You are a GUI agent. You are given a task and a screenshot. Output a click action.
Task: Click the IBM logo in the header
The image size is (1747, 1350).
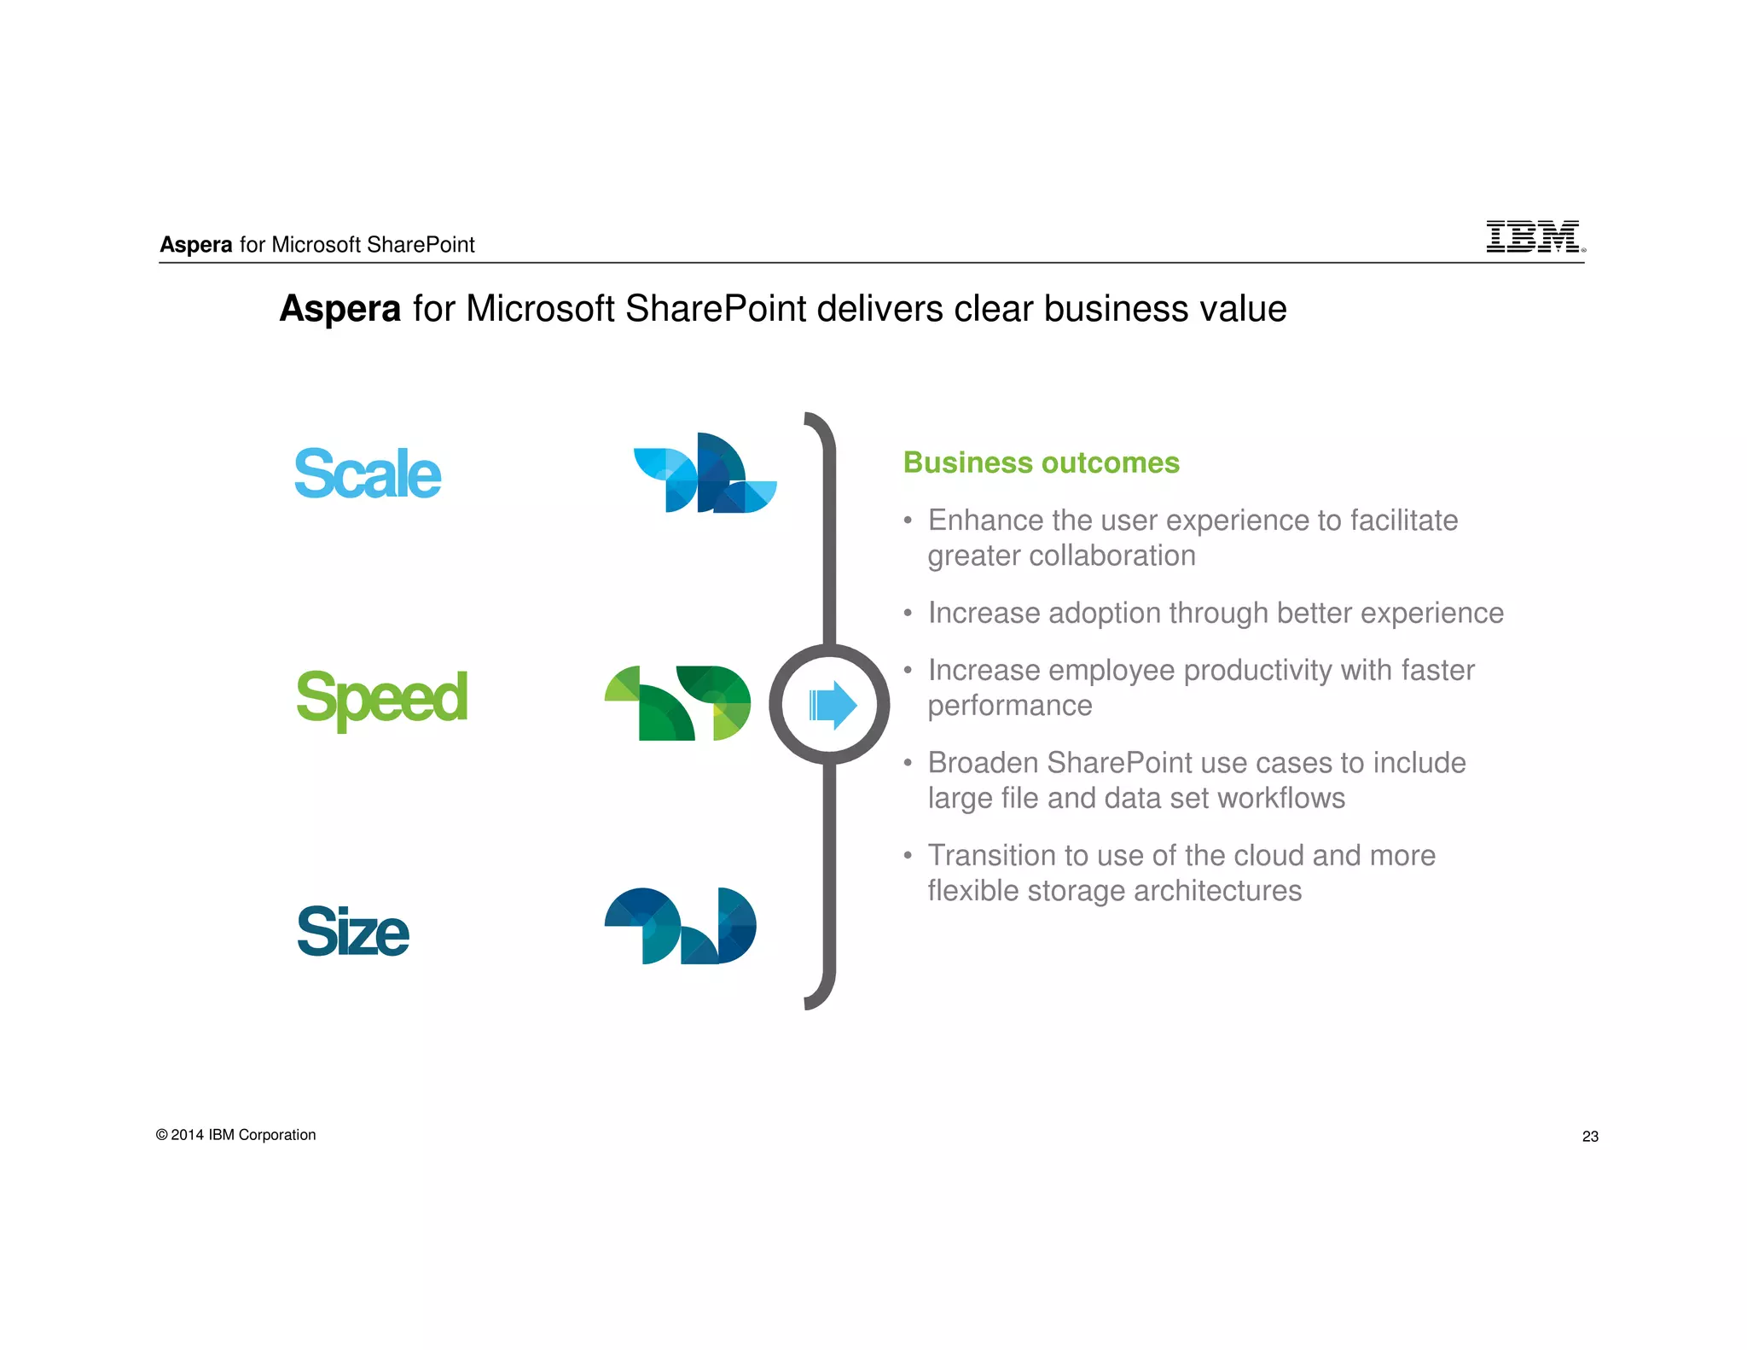[1534, 236]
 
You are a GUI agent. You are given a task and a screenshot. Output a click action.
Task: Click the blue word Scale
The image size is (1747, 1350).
[368, 474]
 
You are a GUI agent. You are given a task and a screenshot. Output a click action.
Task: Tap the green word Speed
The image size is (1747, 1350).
[381, 698]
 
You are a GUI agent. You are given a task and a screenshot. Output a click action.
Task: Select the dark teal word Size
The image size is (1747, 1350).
[352, 931]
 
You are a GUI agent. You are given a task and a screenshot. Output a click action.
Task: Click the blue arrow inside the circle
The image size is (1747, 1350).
[832, 705]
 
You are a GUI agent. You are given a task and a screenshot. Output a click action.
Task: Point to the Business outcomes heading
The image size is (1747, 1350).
[1041, 463]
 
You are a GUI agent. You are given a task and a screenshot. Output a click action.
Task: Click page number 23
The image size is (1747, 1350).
[1590, 1137]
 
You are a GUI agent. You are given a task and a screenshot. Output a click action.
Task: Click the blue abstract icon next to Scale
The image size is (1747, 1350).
[705, 473]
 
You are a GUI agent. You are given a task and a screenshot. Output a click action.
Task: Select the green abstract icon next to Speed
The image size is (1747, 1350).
[678, 703]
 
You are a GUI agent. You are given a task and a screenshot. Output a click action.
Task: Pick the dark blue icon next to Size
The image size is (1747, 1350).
[680, 926]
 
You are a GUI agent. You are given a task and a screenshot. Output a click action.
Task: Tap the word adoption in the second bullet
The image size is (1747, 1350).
[1104, 614]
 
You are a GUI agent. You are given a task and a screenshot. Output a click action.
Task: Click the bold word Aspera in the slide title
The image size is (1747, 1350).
[340, 309]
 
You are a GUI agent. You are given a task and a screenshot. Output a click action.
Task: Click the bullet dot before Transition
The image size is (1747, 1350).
[908, 855]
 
